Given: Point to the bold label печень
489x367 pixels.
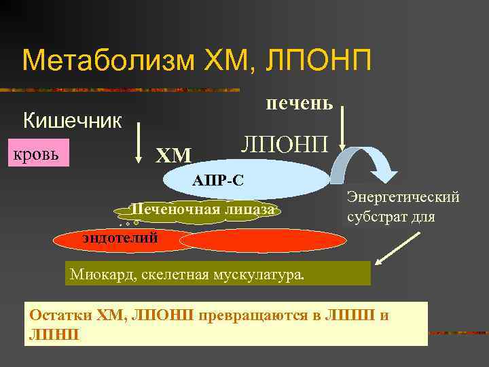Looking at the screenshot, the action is click(299, 103).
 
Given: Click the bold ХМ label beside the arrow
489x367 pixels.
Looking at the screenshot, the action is click(174, 156).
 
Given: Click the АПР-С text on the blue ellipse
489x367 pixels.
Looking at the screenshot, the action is click(217, 181).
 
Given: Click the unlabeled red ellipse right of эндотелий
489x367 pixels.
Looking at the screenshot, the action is click(264, 241).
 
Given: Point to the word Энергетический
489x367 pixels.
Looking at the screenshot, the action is click(403, 197).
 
